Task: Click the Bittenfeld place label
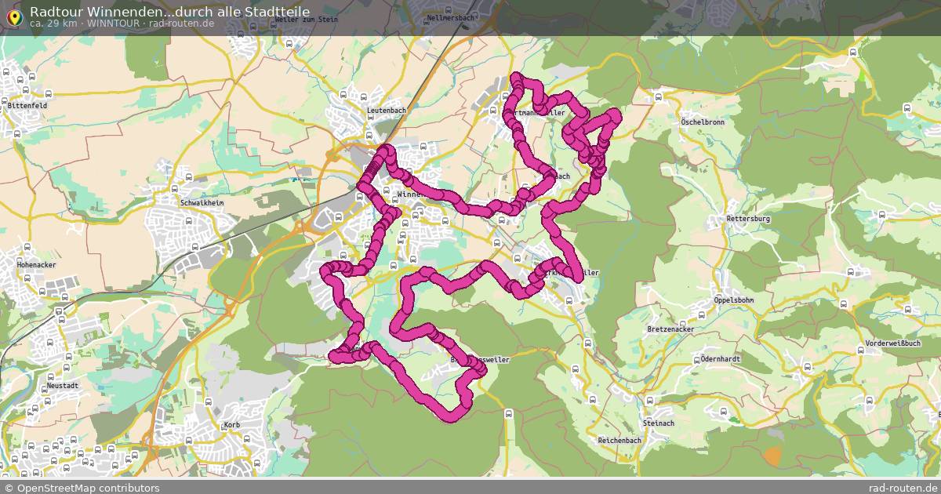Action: [27, 105]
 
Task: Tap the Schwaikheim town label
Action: [202, 202]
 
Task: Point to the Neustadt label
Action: [63, 387]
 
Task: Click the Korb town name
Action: [231, 424]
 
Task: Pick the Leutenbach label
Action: [387, 111]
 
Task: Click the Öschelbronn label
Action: [703, 122]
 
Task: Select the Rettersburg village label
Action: [749, 219]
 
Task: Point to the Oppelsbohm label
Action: [734, 300]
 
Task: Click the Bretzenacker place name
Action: [671, 329]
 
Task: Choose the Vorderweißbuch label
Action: [893, 343]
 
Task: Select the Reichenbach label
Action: [619, 441]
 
